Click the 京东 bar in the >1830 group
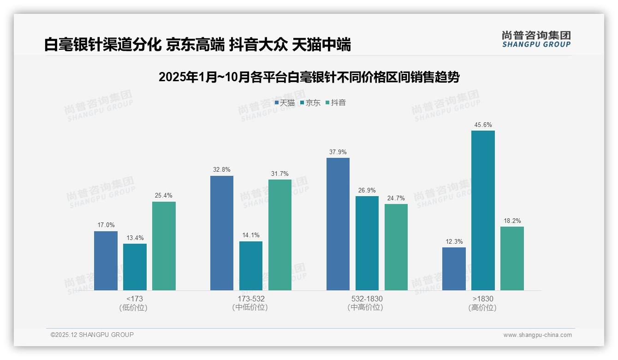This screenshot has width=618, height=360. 483,210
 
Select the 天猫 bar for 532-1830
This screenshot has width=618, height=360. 338,224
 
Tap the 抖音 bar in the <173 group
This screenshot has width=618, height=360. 164,246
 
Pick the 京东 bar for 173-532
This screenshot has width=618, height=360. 250,265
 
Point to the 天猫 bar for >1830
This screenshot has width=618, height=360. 454,269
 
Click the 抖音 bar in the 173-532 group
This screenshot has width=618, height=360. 279,234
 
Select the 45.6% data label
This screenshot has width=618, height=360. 483,125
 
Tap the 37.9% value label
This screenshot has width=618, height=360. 338,152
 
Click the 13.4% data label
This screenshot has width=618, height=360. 135,238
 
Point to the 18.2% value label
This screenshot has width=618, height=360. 512,221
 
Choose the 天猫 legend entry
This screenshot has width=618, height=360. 285,103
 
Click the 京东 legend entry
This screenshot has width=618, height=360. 310,103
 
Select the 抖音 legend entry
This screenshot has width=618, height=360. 336,103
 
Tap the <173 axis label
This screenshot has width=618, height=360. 134,299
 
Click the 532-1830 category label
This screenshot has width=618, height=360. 367,299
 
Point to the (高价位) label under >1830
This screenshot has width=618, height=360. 482,308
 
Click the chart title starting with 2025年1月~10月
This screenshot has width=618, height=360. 309,77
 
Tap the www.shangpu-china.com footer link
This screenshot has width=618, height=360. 537,335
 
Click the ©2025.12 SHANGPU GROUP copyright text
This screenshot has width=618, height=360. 92,335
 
